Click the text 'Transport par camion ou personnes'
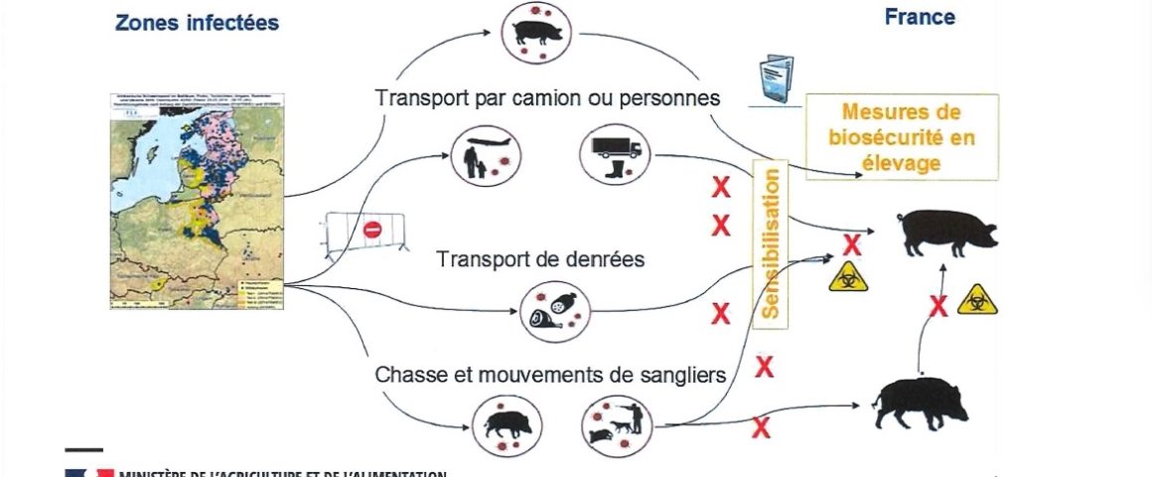[548, 98]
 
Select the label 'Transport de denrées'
[541, 259]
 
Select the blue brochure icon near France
[774, 76]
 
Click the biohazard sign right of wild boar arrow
[976, 300]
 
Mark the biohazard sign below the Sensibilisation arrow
[848, 276]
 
